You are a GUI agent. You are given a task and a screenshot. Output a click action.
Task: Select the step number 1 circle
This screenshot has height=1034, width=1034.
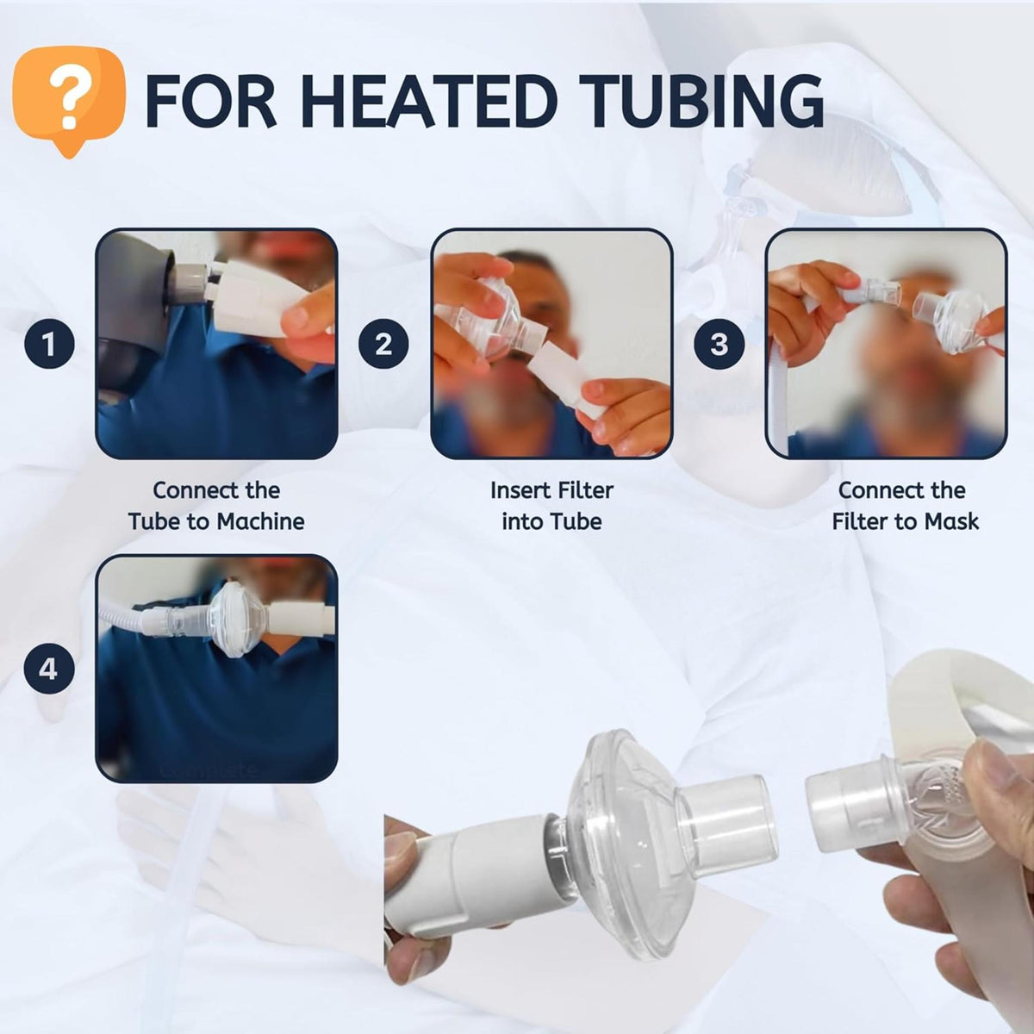point(48,344)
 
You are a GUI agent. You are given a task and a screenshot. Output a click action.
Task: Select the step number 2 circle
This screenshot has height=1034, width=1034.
point(383,344)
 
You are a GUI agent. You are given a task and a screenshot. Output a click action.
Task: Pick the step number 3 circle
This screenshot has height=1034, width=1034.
point(719,344)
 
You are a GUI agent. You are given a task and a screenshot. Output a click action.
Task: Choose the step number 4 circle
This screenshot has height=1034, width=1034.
point(48,668)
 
